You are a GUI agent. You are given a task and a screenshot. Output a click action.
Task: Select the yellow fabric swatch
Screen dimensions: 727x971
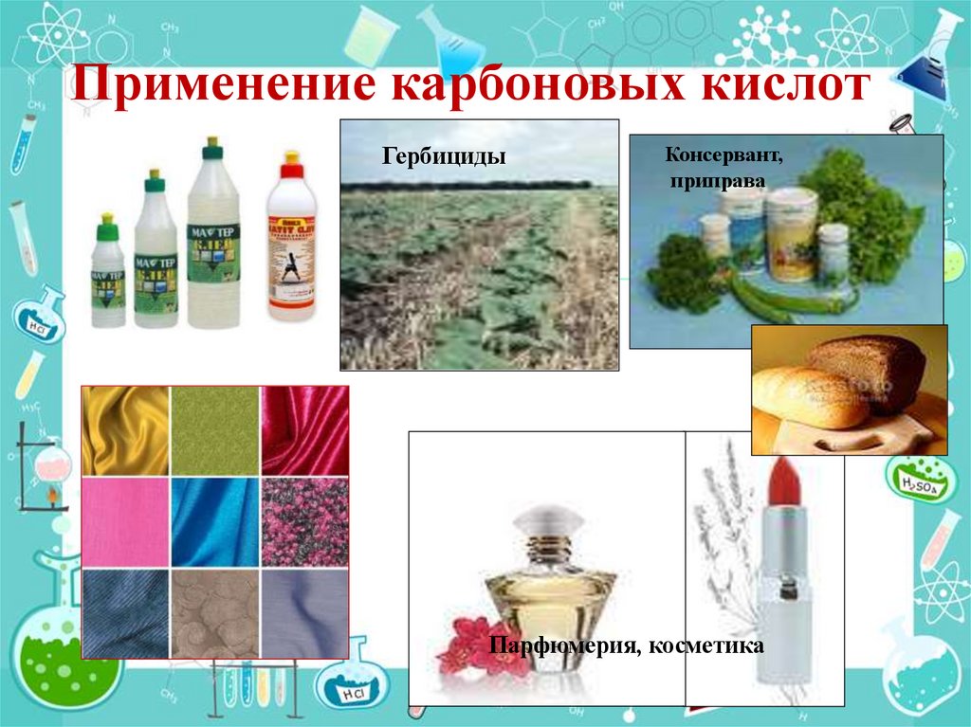tap(125, 430)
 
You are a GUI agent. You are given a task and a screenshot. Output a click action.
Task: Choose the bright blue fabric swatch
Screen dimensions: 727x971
tap(215, 522)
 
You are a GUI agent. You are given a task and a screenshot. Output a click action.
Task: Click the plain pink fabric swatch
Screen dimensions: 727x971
tap(125, 522)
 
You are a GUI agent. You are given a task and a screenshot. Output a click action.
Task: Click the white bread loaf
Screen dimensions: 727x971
tap(809, 396)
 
